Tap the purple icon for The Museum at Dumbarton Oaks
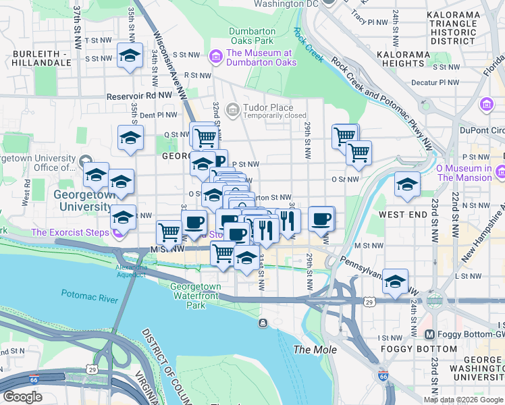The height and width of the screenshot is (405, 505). pos(217,56)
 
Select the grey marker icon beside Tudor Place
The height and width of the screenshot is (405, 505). pos(233,109)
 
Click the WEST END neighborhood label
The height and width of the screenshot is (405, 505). pos(402,215)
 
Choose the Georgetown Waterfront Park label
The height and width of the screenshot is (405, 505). pos(196,296)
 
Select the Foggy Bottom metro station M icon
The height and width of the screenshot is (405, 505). pos(429,335)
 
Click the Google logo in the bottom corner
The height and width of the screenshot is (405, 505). pos(22,396)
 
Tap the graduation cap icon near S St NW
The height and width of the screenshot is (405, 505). pos(130,56)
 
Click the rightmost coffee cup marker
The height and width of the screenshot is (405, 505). pos(322,219)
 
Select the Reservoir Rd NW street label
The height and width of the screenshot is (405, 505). pos(145,97)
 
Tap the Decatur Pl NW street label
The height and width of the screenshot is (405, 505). pos(435,83)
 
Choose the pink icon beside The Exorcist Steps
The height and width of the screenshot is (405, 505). pos(119,234)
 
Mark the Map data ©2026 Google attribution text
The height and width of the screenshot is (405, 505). pos(462,399)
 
